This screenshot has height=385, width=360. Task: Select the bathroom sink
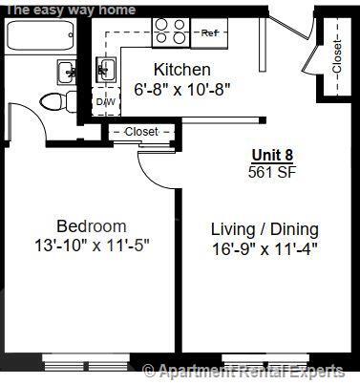coord(68,70)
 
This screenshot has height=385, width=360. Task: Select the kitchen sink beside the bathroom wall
coord(106,70)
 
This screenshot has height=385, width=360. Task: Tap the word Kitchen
coord(181,70)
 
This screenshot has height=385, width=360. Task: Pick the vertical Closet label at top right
coord(336,57)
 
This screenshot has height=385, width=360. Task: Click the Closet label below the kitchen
coord(140,132)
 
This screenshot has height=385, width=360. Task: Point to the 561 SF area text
coord(272,172)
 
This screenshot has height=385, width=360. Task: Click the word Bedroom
coord(91,226)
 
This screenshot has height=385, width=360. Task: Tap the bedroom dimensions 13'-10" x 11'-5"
coord(91,245)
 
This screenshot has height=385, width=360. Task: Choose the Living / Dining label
coord(265,230)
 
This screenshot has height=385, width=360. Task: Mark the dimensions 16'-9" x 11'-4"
coord(265,249)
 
